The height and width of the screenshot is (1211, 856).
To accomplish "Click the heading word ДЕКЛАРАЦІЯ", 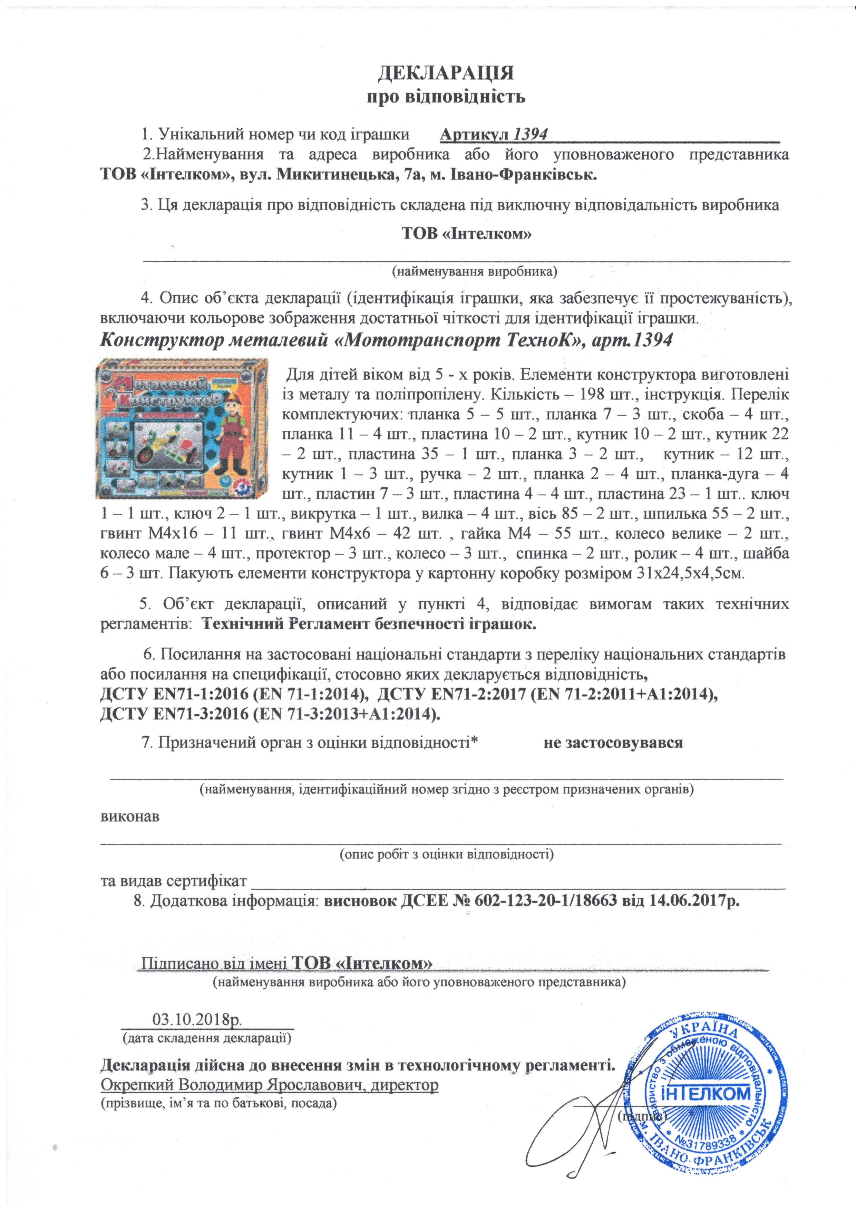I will point(446,73).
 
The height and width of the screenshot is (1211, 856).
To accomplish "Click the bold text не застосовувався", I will point(613,743).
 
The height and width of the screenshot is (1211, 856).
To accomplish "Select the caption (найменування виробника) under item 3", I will point(474,272).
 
